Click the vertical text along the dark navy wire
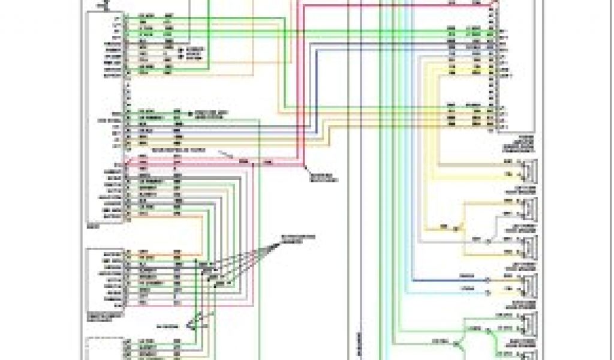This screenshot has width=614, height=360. (x=358, y=339)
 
